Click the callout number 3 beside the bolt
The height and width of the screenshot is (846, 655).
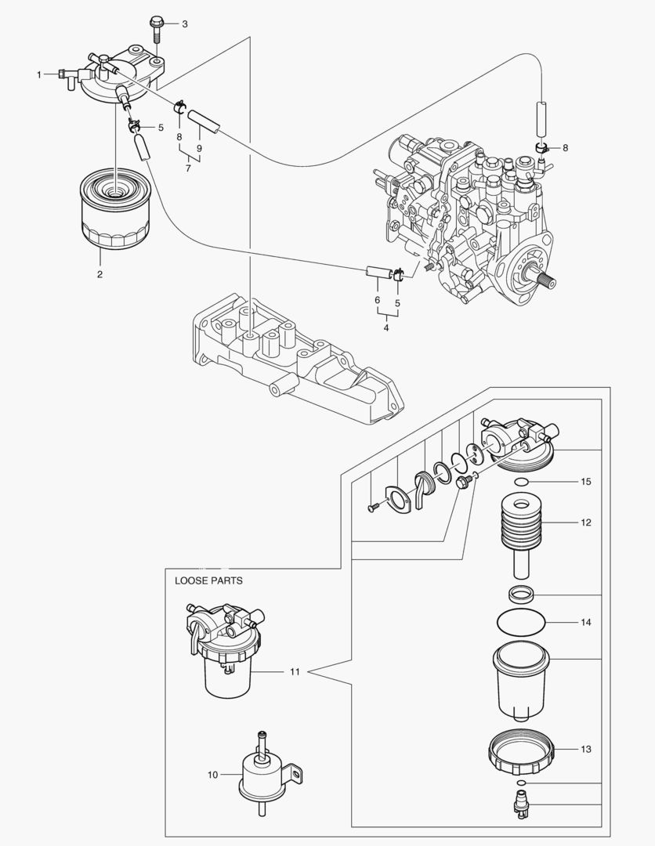click(x=185, y=24)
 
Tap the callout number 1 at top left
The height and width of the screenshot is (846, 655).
click(x=38, y=74)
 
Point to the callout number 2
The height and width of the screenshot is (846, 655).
click(x=100, y=274)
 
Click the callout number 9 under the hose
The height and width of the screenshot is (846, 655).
click(x=200, y=148)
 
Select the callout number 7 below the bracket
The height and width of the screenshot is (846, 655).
click(x=189, y=168)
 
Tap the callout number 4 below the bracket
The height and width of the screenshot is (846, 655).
click(x=386, y=327)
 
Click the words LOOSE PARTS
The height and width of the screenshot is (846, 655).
click(x=208, y=580)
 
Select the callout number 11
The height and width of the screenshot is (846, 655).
click(x=295, y=671)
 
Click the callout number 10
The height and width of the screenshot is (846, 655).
click(x=212, y=775)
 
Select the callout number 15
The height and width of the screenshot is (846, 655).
click(x=585, y=480)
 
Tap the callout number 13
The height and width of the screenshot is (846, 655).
click(x=585, y=750)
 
